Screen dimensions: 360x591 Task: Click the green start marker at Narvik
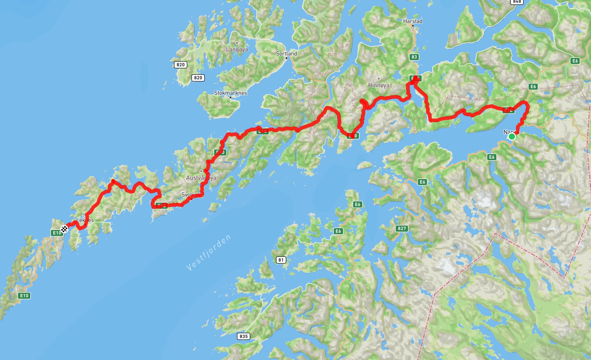(x=512, y=137)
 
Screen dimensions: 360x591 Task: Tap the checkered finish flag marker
(x=64, y=229)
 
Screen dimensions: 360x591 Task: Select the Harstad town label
(x=413, y=21)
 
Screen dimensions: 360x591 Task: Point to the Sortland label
(x=286, y=53)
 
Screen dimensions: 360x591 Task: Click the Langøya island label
(x=237, y=49)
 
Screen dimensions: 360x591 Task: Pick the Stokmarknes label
(x=230, y=93)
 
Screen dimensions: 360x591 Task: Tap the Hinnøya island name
(x=378, y=85)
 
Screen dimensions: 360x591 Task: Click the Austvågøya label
(x=201, y=178)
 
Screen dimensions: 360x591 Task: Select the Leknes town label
(x=85, y=220)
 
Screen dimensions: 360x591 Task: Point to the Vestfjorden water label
(x=208, y=253)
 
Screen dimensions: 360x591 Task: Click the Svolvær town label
(x=190, y=195)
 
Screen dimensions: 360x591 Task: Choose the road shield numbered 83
(x=414, y=57)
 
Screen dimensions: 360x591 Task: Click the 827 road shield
(x=402, y=228)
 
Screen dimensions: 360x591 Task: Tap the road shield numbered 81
(x=281, y=260)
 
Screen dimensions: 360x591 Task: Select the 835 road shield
(x=244, y=336)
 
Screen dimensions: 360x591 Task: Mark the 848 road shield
(x=517, y=2)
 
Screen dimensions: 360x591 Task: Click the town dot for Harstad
(x=413, y=26)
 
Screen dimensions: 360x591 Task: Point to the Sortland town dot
(x=287, y=58)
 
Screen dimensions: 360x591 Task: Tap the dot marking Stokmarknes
(x=230, y=97)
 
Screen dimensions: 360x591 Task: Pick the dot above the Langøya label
(x=237, y=43)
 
